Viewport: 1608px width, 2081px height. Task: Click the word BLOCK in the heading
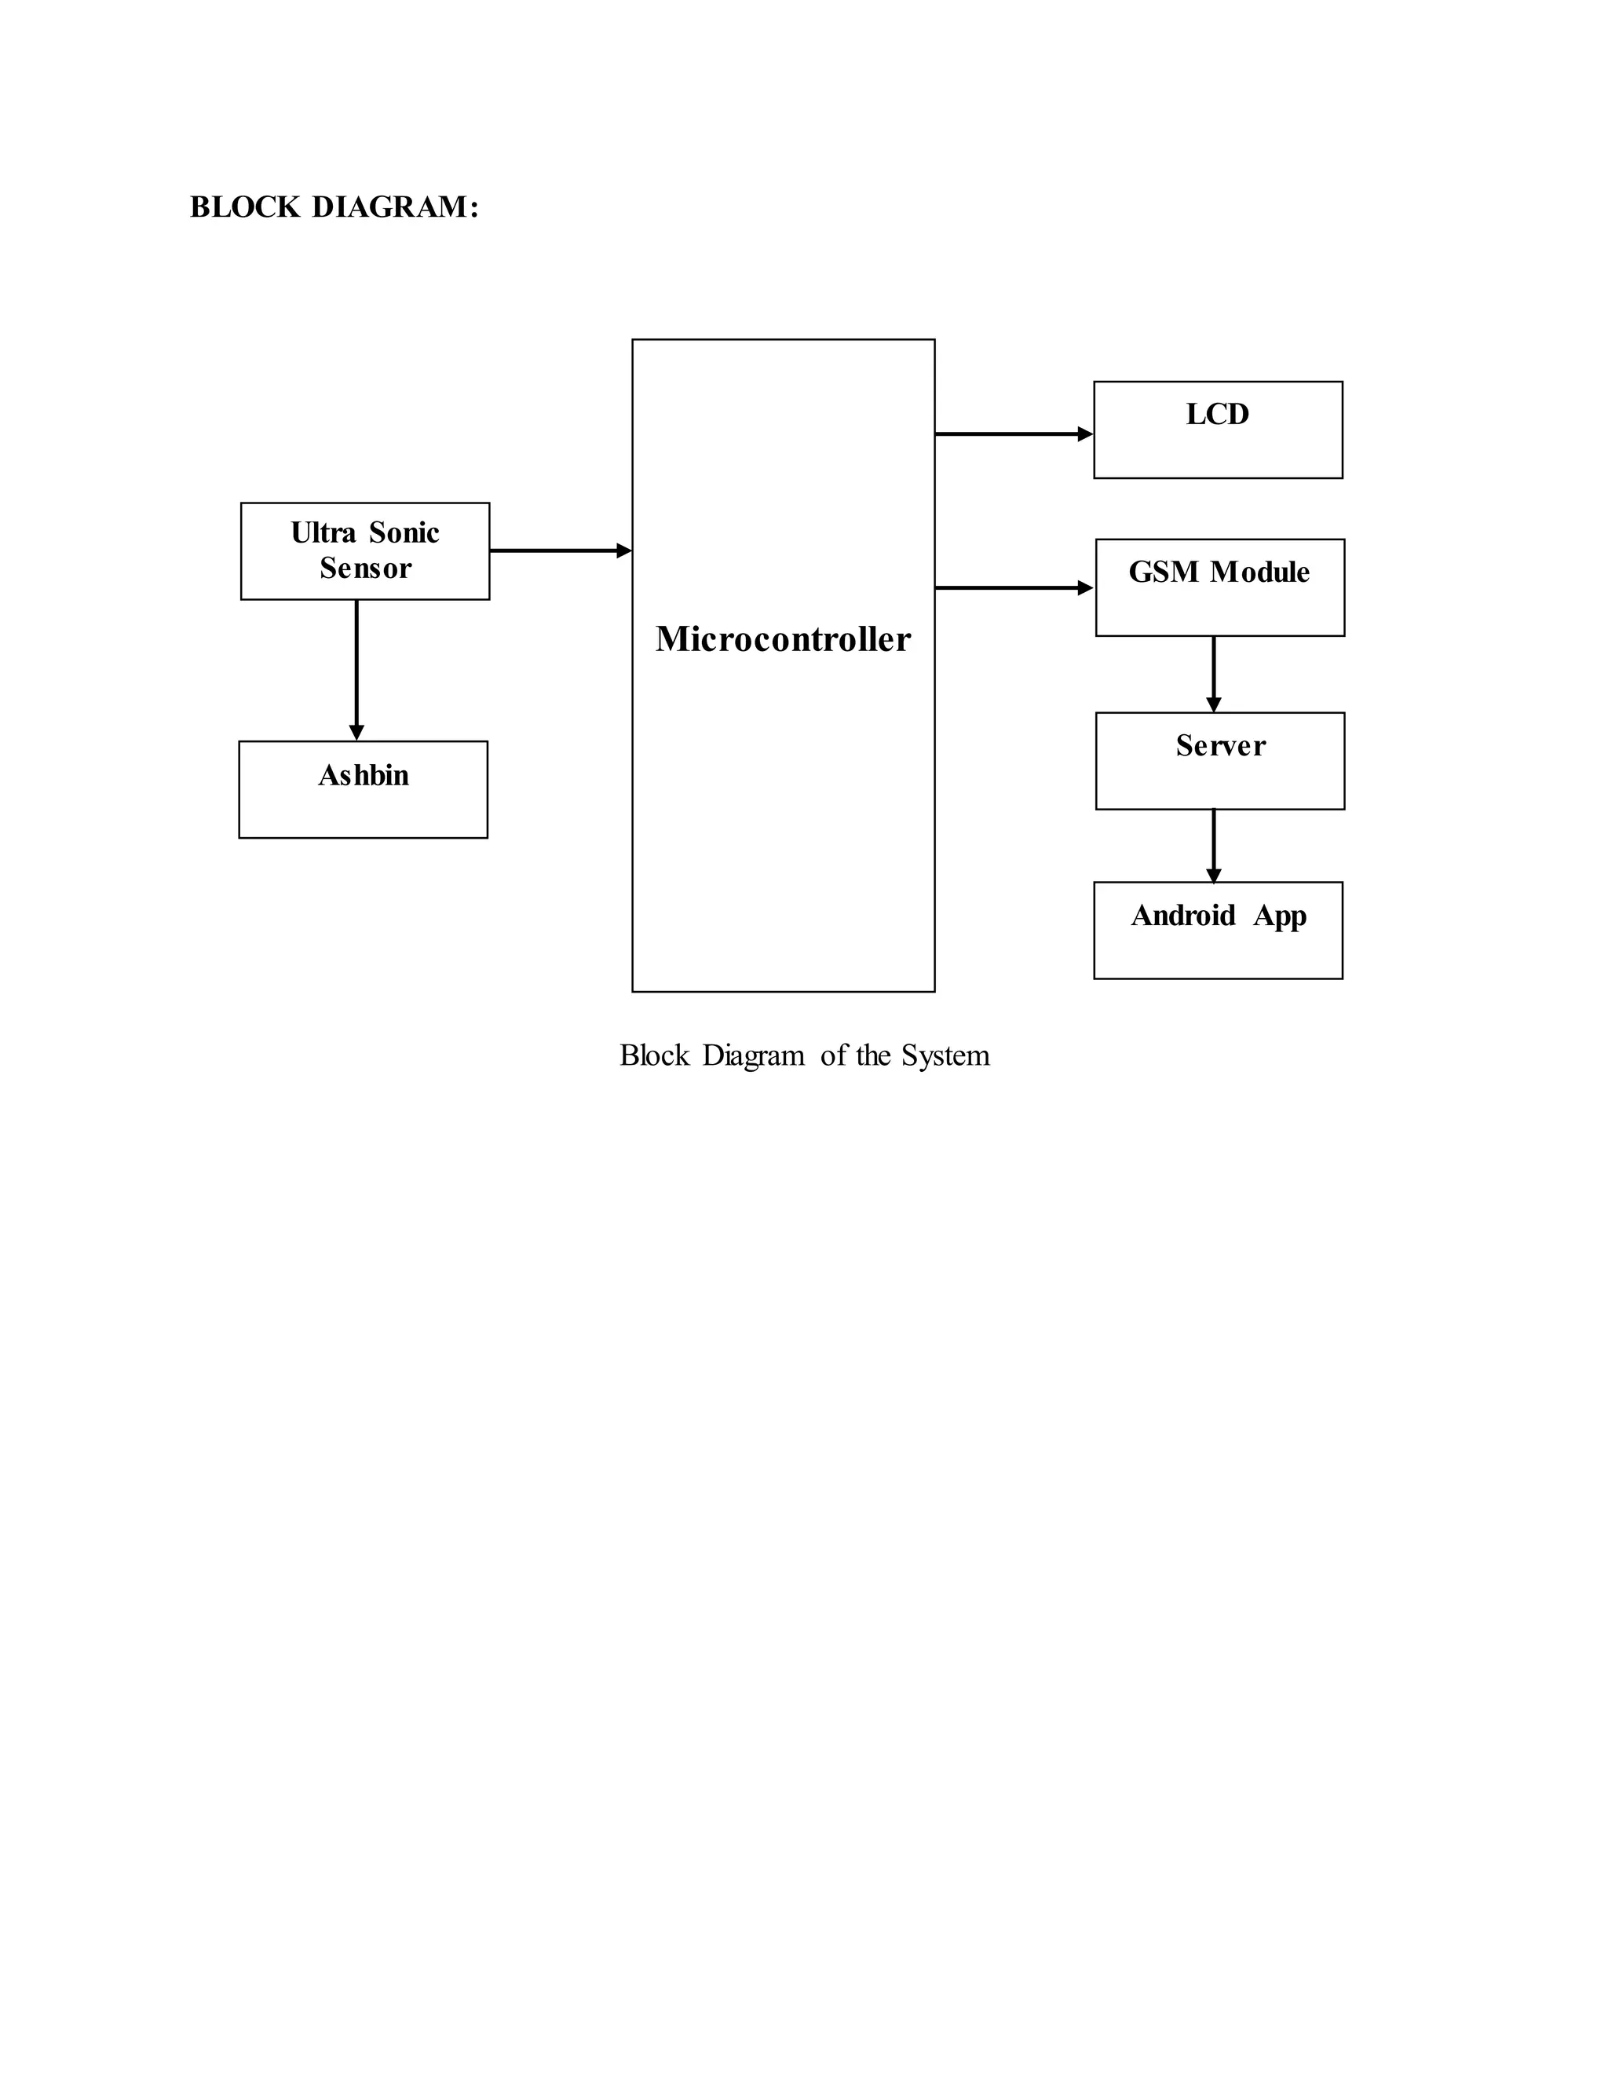coord(245,207)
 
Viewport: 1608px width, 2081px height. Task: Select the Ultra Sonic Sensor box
coord(365,550)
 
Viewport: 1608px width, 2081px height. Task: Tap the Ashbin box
coord(363,790)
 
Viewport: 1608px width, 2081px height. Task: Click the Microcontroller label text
coord(783,639)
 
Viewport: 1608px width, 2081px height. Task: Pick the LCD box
coord(1218,430)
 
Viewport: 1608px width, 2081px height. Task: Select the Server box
coord(1219,761)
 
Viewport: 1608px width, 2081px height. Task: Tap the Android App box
coord(1218,930)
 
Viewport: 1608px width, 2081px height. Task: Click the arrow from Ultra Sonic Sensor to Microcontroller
coord(560,550)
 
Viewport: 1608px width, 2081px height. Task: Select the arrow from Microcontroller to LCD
coord(1014,434)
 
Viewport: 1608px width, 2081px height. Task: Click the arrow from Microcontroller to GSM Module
coord(1014,589)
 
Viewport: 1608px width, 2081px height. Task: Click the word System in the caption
coord(945,1055)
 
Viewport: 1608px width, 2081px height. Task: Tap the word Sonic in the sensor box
coord(404,532)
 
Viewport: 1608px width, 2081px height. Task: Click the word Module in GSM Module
coord(1259,572)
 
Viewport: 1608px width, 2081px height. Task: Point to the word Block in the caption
coord(655,1055)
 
